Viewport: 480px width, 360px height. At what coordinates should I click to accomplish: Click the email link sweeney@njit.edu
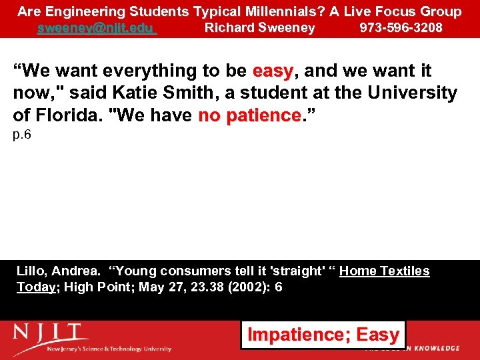[x=97, y=28]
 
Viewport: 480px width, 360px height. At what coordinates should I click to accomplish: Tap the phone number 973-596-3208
[x=401, y=28]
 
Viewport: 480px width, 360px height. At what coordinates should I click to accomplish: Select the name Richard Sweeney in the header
[x=259, y=28]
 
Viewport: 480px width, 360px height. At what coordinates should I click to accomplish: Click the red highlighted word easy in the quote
[x=273, y=71]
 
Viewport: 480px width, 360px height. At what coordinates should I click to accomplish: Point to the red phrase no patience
[x=250, y=116]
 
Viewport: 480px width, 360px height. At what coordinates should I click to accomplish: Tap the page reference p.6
[x=22, y=135]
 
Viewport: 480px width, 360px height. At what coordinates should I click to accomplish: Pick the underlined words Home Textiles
[x=384, y=271]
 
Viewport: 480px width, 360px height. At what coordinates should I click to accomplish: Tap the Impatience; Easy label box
[x=323, y=335]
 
